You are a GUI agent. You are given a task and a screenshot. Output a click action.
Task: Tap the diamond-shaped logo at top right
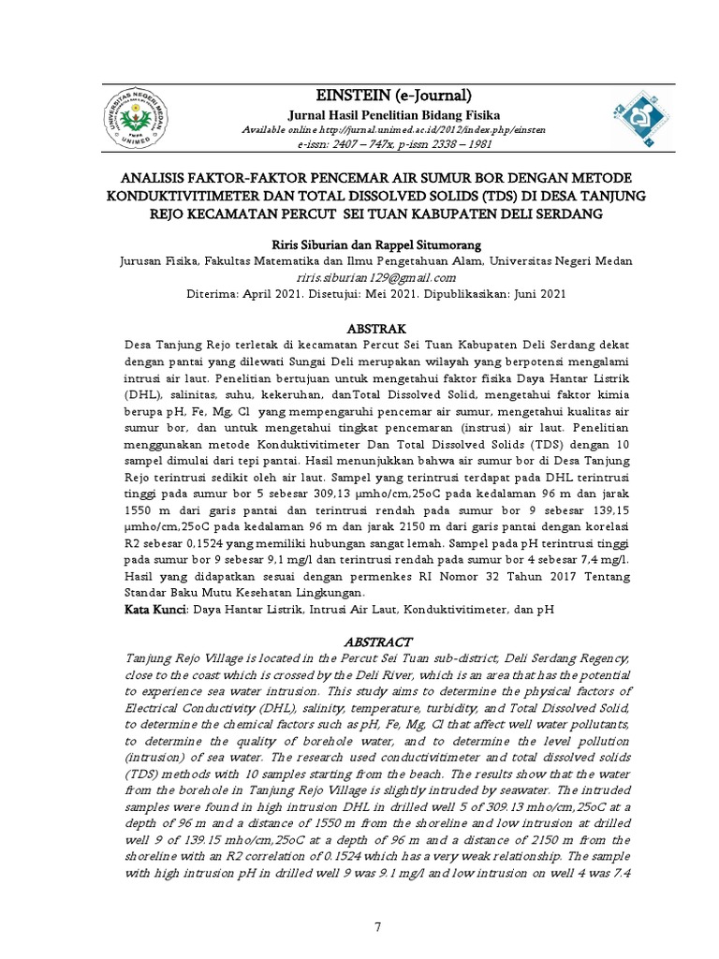click(619, 119)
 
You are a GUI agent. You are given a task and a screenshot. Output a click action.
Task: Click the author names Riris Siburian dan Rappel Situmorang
click(376, 242)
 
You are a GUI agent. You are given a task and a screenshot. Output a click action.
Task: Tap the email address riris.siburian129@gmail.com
click(376, 277)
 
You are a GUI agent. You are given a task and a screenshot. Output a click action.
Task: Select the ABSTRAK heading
click(375, 329)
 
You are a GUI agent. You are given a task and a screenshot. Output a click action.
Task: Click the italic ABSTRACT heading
click(379, 642)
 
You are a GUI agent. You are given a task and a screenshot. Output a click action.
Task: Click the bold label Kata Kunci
click(156, 609)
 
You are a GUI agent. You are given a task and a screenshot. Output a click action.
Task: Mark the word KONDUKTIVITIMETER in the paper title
click(193, 196)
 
